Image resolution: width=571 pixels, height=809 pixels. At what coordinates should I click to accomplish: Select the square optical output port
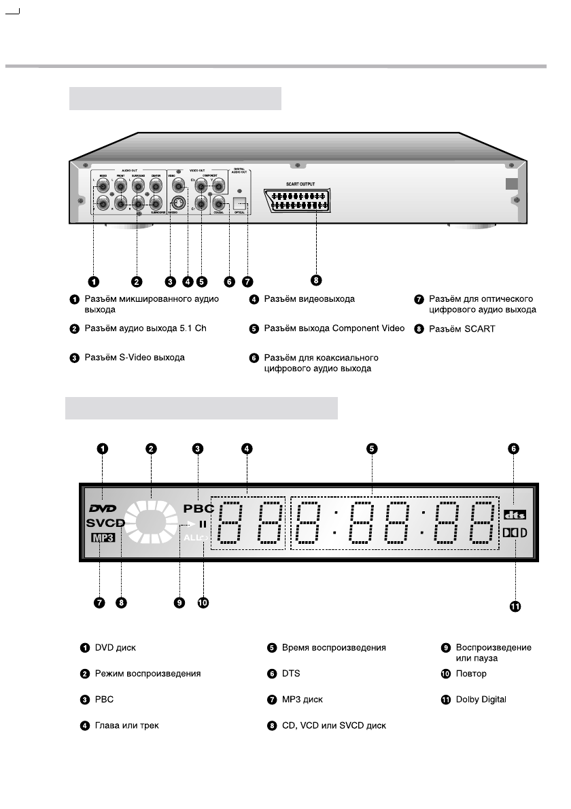coord(240,203)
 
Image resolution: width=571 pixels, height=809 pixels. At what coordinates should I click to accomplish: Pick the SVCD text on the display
coord(105,523)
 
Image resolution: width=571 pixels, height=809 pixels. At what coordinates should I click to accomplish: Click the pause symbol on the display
coord(202,524)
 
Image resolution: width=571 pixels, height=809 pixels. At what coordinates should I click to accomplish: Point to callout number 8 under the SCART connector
coord(316,279)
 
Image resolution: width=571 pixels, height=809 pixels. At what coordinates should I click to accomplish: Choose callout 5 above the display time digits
coord(372,448)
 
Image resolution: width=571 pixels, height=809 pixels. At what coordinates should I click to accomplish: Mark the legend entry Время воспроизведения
coord(334,648)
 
